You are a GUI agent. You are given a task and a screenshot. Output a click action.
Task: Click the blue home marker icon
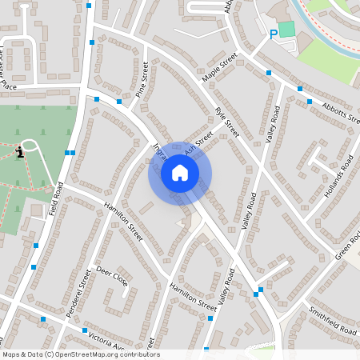(180, 172)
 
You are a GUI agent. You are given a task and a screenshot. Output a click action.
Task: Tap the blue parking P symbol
(274, 34)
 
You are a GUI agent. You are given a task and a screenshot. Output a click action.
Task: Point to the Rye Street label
(227, 122)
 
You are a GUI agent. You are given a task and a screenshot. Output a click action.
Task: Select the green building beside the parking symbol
(286, 30)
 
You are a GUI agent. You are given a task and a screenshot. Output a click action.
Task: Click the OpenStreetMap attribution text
(80, 354)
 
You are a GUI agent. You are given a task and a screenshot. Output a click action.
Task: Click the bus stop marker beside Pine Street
(119, 101)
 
